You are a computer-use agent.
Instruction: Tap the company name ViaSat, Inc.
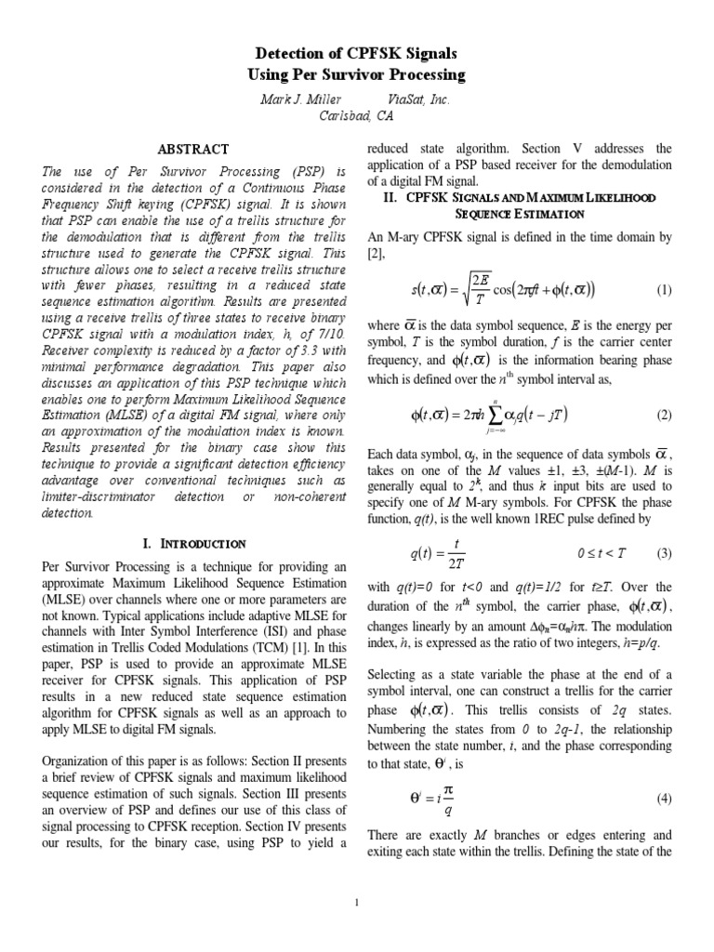[x=417, y=99]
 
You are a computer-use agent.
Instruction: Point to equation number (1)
[x=663, y=290]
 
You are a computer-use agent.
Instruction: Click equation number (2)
[x=663, y=414]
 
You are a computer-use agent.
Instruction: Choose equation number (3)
[x=663, y=553]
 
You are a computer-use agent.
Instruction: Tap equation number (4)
[x=663, y=773]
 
